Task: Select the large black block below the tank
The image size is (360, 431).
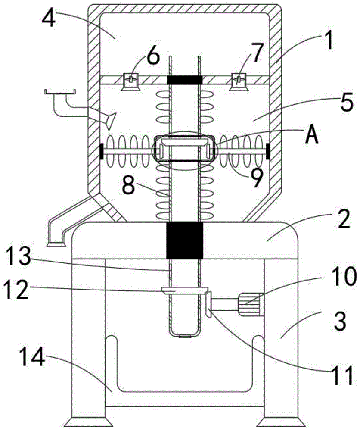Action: point(185,240)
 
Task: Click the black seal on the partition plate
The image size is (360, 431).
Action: point(185,80)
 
